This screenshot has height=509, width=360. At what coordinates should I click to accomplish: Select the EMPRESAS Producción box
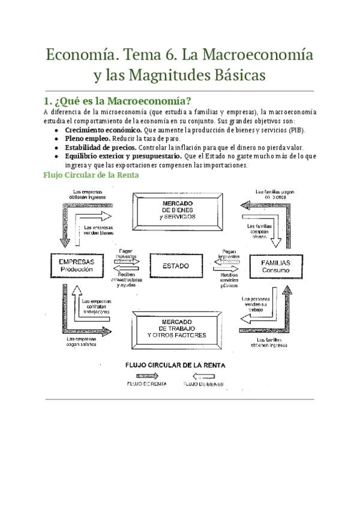click(76, 266)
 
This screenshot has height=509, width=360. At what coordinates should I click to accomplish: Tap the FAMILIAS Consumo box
click(275, 267)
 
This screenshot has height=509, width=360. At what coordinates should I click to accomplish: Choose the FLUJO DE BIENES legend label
click(203, 383)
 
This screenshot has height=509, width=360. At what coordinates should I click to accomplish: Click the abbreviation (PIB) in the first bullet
click(295, 130)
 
